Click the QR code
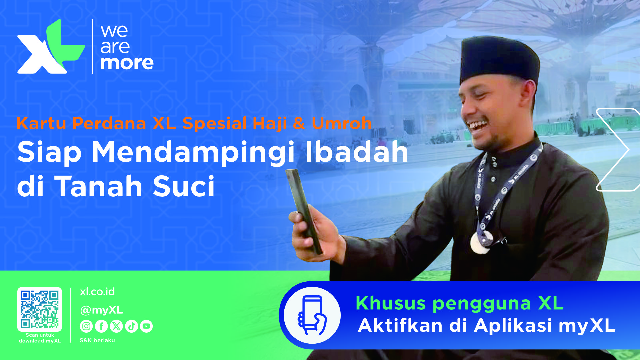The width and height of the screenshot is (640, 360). [x=40, y=309]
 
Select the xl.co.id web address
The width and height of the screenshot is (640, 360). [x=97, y=292]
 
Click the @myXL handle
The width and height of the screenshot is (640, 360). [x=101, y=310]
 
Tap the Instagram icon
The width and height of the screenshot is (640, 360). [x=86, y=326]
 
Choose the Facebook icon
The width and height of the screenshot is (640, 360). [x=101, y=326]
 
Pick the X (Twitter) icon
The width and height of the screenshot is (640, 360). [x=116, y=326]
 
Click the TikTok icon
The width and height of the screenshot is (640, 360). [x=131, y=326]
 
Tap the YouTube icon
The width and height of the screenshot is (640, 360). [x=146, y=326]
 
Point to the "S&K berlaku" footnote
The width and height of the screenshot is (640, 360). [x=97, y=340]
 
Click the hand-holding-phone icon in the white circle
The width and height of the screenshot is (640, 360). [x=312, y=315]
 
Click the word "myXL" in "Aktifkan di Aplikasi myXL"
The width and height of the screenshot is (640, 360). [x=587, y=326]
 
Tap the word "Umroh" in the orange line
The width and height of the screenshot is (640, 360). [x=342, y=123]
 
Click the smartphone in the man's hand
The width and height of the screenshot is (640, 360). [x=303, y=211]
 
